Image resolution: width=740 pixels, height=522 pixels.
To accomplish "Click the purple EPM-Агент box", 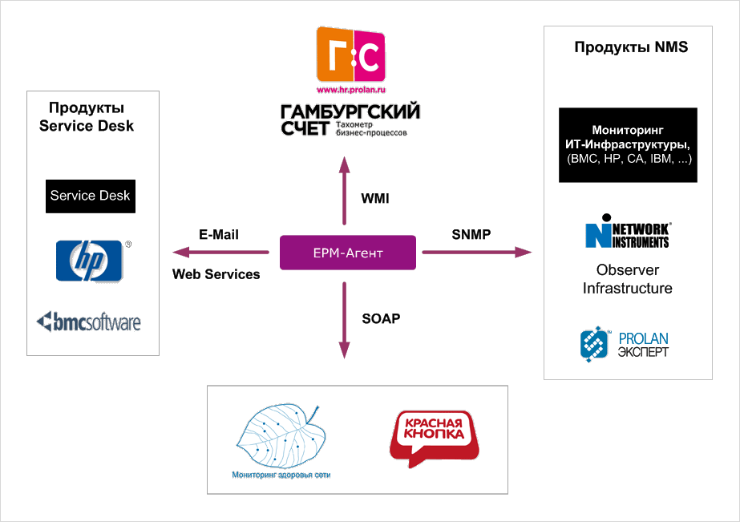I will point(347,253).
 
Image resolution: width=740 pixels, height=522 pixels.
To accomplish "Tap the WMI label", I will point(375,198).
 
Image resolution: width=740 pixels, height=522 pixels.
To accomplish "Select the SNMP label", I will point(471,234).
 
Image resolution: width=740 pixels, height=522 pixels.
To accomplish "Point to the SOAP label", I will point(381,318).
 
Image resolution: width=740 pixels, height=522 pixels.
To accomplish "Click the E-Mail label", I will point(219,235).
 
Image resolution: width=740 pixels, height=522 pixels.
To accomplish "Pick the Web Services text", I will point(216,274).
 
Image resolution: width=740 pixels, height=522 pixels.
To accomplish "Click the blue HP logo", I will point(89,261).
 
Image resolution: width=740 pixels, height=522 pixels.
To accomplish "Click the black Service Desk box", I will point(90,196).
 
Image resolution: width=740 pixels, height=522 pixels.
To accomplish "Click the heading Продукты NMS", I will point(631,47).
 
